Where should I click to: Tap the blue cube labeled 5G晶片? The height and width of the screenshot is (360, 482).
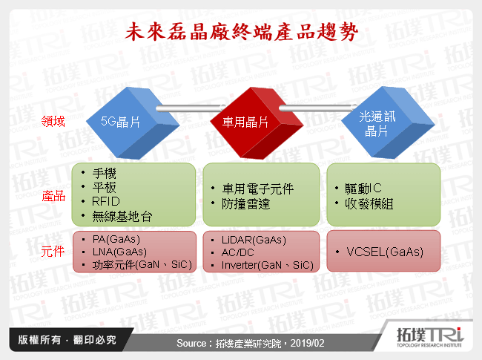pyautogui.click(x=124, y=122)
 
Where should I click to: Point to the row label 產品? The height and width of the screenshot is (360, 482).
pyautogui.click(x=53, y=197)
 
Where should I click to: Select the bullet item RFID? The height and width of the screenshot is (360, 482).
pyautogui.click(x=106, y=201)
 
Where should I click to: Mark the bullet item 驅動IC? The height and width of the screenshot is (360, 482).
pyautogui.click(x=357, y=189)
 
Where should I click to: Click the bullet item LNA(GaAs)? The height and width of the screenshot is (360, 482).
pyautogui.click(x=120, y=252)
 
